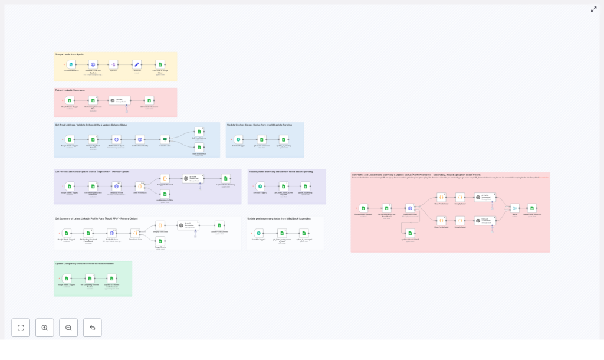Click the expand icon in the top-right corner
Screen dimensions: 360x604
click(x=593, y=9)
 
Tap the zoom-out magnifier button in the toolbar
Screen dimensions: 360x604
click(x=68, y=328)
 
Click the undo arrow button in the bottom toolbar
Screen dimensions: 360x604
click(x=92, y=328)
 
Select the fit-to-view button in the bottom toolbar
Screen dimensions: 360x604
click(x=21, y=328)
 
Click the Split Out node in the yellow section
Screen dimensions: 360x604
click(x=113, y=64)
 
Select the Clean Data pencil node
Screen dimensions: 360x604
click(x=136, y=64)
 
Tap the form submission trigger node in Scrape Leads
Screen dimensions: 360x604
click(x=71, y=64)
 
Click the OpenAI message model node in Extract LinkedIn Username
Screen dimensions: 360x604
click(x=119, y=100)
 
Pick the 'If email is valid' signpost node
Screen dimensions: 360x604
click(x=165, y=139)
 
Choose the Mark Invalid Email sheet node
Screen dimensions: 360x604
click(x=199, y=147)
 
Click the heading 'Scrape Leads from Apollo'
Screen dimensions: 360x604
click(x=70, y=54)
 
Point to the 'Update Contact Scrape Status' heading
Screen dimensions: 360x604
click(x=259, y=125)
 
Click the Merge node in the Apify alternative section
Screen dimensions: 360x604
click(x=514, y=208)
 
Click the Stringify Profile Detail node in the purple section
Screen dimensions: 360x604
click(x=165, y=178)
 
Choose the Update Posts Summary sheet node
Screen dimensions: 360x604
click(x=219, y=225)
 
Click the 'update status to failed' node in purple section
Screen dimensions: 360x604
click(x=165, y=194)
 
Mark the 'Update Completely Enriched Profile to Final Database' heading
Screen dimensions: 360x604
click(x=84, y=263)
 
